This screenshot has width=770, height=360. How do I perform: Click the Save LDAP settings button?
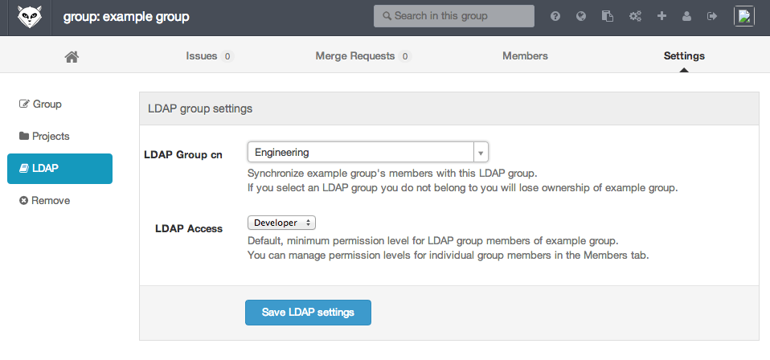click(308, 313)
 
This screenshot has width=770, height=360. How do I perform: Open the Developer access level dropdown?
click(281, 223)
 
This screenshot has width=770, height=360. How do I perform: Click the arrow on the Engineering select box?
click(481, 152)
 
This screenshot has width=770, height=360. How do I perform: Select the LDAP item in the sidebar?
click(60, 169)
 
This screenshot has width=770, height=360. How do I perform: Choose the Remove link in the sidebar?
click(45, 200)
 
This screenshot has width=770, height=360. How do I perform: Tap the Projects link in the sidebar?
click(44, 136)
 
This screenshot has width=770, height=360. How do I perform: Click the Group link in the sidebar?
click(40, 104)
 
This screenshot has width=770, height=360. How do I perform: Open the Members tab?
click(525, 56)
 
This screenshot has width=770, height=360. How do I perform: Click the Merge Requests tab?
click(363, 56)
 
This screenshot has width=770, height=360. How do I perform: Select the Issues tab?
click(210, 56)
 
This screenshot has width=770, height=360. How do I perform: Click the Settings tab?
click(684, 56)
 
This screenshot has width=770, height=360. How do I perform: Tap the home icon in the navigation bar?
click(72, 56)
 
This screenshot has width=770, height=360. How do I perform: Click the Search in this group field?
click(454, 16)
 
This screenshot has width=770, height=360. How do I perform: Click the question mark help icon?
click(555, 16)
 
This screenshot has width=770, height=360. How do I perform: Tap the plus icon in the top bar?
click(661, 16)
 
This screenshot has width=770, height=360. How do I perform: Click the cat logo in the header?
click(30, 17)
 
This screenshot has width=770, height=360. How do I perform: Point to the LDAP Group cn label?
click(183, 155)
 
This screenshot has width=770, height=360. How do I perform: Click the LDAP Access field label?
click(189, 228)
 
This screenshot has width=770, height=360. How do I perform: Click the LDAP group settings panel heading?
click(200, 108)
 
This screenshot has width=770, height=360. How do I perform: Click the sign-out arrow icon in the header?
click(712, 16)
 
